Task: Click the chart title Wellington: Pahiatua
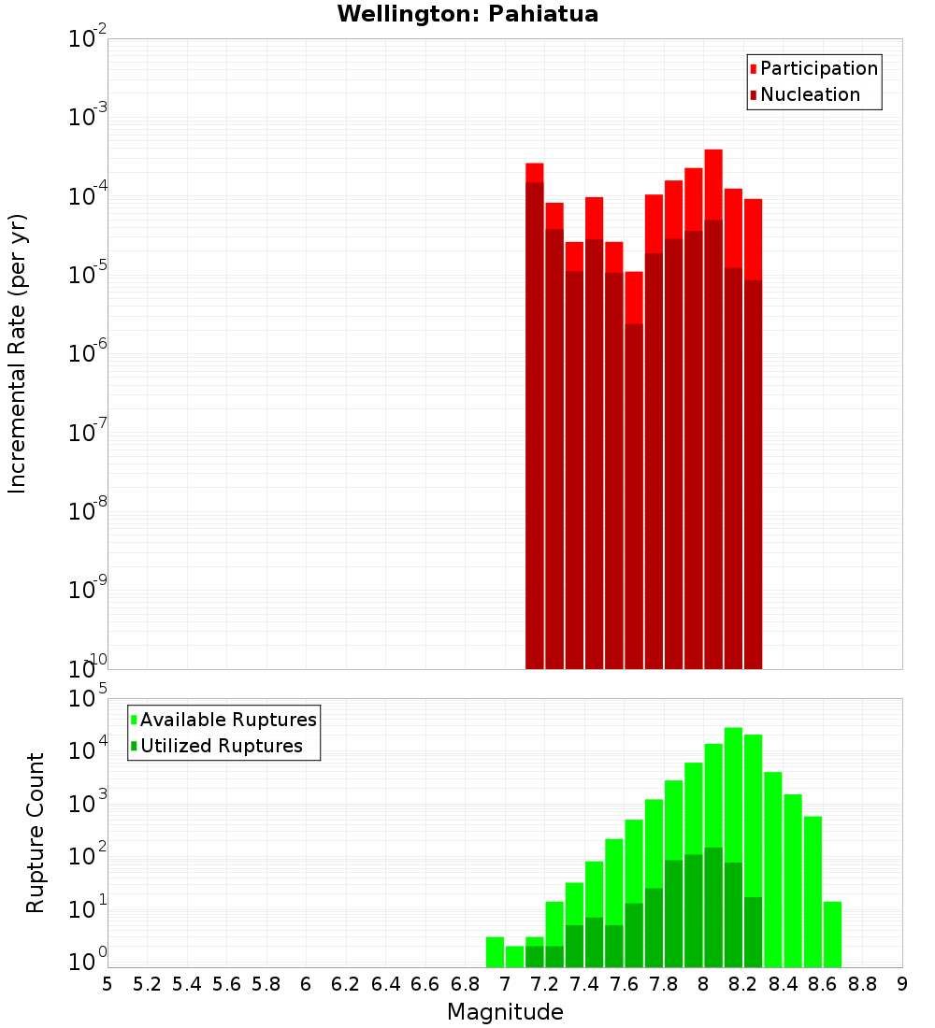point(467,14)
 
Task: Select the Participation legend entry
point(818,68)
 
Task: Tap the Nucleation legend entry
point(809,94)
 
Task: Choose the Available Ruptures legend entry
point(227,720)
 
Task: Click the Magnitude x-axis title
point(505,1012)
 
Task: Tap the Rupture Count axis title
point(36,832)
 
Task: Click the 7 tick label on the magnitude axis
point(505,984)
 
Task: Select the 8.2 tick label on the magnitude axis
point(743,984)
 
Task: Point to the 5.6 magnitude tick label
point(226,984)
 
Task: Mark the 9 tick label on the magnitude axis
point(901,984)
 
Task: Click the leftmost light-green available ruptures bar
point(495,951)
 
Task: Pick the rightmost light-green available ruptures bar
point(832,935)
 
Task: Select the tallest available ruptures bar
point(733,847)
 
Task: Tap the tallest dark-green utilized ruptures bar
point(713,907)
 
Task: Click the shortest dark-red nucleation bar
point(634,495)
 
